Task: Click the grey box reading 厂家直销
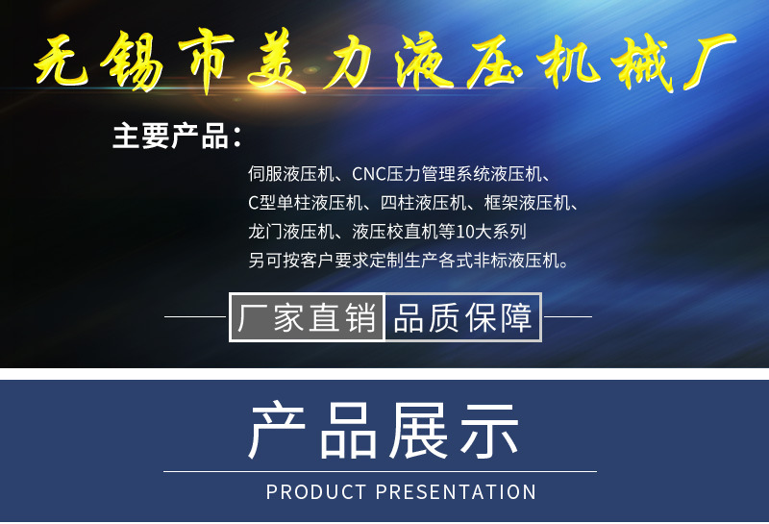(308, 317)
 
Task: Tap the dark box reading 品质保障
(463, 317)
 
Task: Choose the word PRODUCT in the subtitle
(316, 492)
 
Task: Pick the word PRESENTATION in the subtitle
(456, 492)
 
